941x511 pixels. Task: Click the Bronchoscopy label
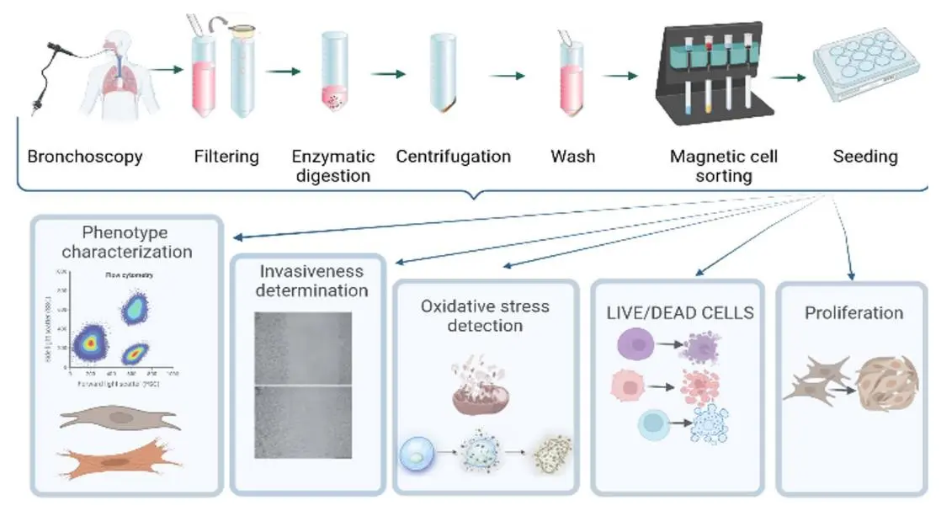coord(84,157)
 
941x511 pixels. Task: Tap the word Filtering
coord(226,157)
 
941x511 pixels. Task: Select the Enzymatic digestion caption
coord(331,166)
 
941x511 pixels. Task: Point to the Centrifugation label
coord(453,157)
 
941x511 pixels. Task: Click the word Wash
coord(573,157)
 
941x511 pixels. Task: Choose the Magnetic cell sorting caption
coord(724,166)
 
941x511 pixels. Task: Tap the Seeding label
coord(865,157)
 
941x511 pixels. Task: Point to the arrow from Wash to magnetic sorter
coord(620,76)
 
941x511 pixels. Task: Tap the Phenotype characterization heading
coord(126,242)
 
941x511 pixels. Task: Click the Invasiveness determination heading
coord(311,281)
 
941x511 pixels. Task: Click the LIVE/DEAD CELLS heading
coord(681,313)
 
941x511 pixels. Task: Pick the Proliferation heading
coord(853,313)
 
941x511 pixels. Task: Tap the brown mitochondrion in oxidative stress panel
coord(481,396)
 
